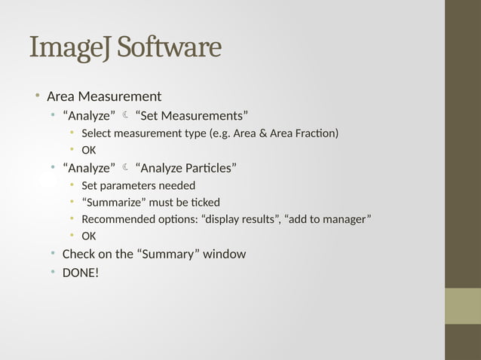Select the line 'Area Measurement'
[x=104, y=96]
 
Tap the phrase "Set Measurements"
[x=191, y=115]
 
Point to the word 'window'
[x=225, y=254]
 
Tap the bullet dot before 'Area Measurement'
[x=35, y=96]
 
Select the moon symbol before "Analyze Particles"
[x=125, y=167]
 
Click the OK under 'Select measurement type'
[x=89, y=150]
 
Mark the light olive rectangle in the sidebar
[x=462, y=306]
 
